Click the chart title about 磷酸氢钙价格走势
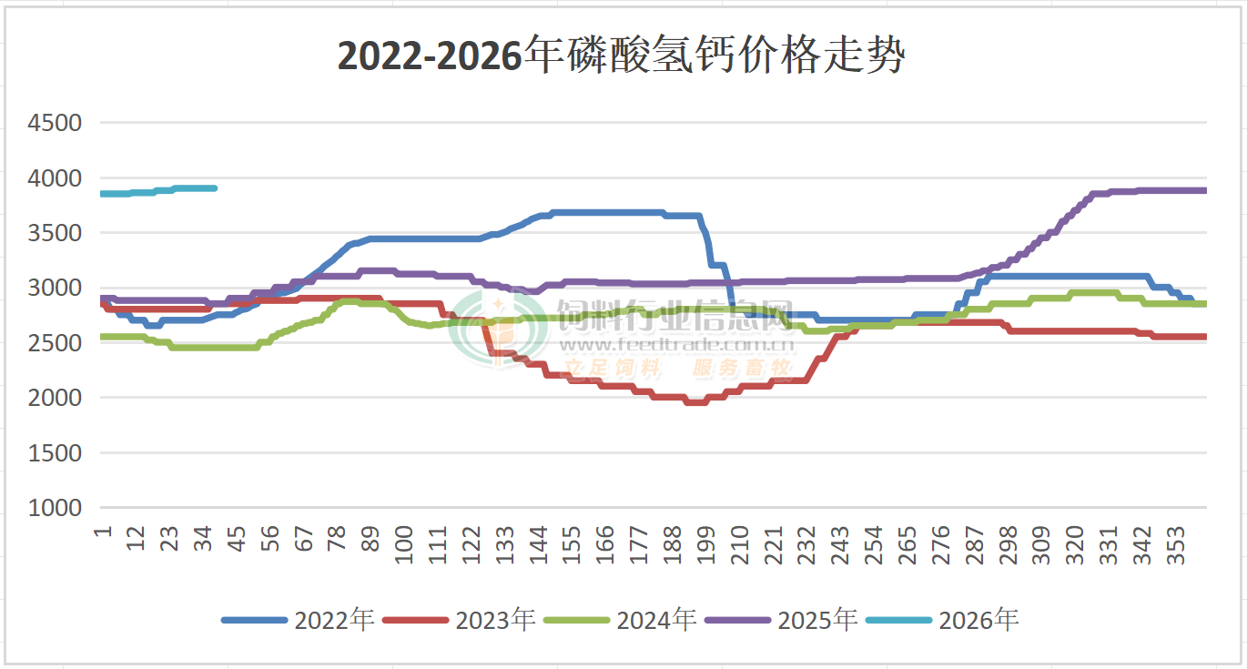[622, 56]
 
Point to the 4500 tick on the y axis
[56, 123]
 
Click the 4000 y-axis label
[56, 178]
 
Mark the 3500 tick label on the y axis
[56, 233]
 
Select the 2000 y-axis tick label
[56, 398]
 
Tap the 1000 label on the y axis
[56, 508]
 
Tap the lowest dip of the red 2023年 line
[695, 401]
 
